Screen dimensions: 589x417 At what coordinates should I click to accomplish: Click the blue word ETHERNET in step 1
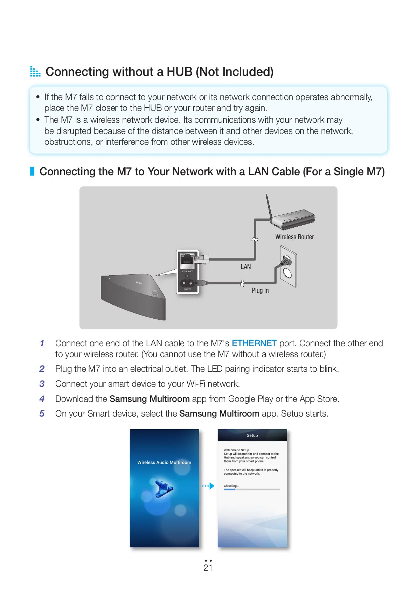(x=254, y=343)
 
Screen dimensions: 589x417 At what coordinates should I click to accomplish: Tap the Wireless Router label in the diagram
(x=294, y=237)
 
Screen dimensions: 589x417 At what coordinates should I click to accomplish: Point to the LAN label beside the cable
(x=246, y=267)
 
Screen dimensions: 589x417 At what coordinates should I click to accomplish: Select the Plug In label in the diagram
(x=260, y=290)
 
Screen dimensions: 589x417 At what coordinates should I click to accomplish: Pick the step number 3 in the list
(x=42, y=384)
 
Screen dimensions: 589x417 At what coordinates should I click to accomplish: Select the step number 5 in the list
(x=42, y=413)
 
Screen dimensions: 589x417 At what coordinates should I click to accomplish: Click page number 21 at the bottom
(x=208, y=568)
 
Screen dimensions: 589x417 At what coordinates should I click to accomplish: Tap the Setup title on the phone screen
(x=252, y=435)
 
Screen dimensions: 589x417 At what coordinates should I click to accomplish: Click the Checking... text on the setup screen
(x=231, y=486)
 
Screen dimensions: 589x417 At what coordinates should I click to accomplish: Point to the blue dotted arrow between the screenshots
(x=208, y=486)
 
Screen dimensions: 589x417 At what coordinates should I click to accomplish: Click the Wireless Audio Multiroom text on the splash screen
(x=164, y=462)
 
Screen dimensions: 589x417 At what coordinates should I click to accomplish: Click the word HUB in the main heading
(x=179, y=72)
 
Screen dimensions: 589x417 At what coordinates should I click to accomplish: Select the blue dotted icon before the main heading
(x=35, y=71)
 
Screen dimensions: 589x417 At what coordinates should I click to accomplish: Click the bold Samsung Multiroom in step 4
(x=150, y=399)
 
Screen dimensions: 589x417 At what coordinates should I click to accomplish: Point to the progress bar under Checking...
(x=252, y=489)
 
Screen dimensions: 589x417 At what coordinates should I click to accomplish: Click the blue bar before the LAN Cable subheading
(x=32, y=171)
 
